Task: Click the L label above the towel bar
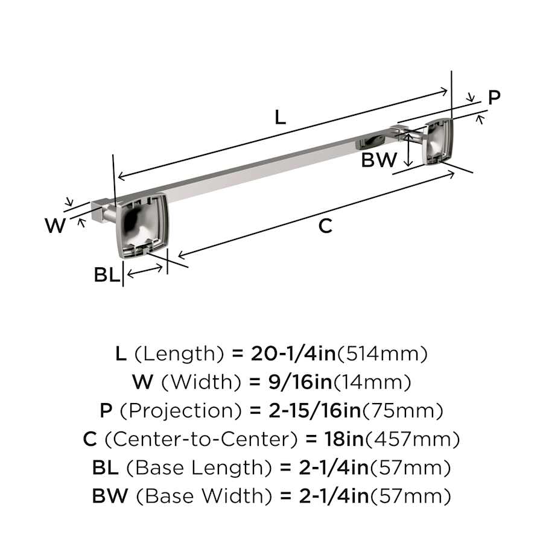pos(280,117)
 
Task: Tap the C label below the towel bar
pos(325,226)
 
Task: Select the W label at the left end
pos(55,225)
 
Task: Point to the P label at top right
pos(494,97)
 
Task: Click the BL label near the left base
pos(107,275)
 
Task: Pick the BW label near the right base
pos(379,160)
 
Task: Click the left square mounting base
pos(142,226)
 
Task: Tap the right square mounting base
pos(438,141)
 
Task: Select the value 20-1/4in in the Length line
pos(293,354)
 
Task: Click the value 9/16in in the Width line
pos(300,382)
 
